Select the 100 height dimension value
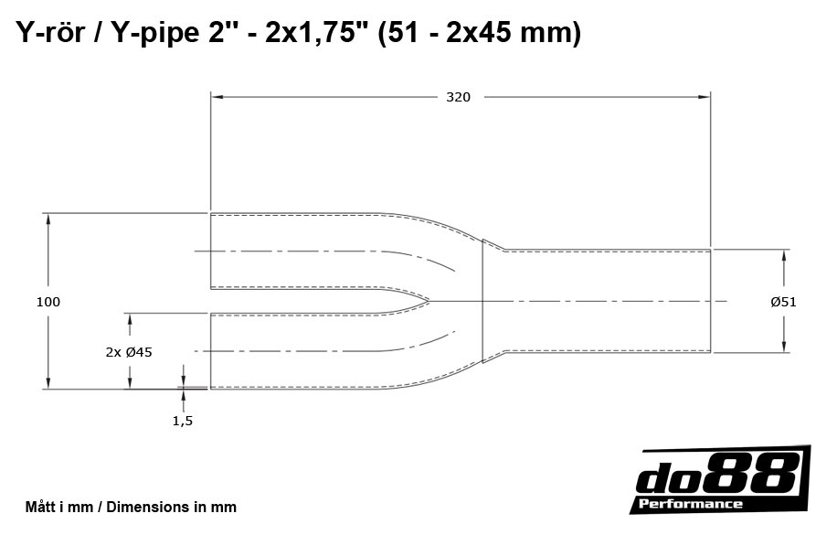48,302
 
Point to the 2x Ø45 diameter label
129,351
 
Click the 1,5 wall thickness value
183,421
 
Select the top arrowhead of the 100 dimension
48,219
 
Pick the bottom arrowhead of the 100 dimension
48,383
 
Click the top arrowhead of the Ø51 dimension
783,254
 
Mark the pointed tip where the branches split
429,300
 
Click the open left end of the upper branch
211,251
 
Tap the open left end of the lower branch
211,351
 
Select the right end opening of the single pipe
711,300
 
